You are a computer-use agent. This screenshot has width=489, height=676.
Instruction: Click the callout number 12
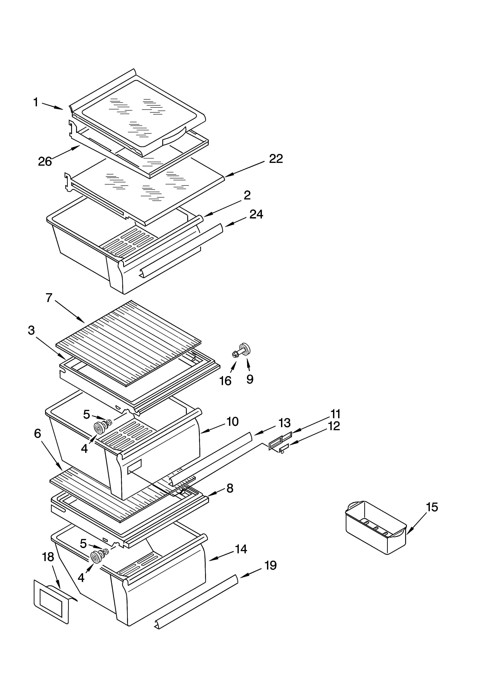click(334, 426)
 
